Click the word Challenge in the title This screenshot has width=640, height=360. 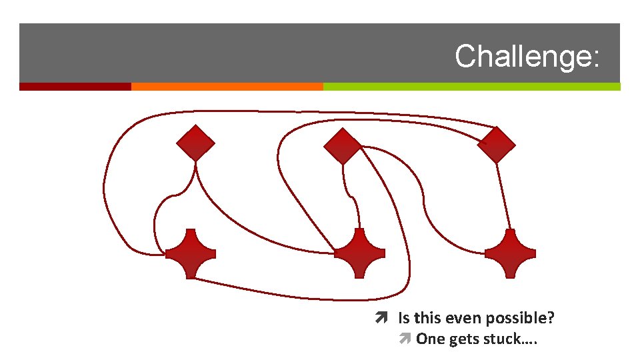522,57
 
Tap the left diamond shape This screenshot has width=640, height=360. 195,143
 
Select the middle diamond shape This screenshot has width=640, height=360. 342,146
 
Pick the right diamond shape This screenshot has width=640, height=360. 497,145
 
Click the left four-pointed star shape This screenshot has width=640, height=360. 191,253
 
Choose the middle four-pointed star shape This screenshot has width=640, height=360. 359,253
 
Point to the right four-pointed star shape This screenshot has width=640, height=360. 510,253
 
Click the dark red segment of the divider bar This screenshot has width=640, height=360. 75,87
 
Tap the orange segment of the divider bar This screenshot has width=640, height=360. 227,87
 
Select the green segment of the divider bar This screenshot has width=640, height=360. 471,87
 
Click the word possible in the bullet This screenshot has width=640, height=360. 521,319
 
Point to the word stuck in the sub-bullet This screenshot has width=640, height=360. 504,339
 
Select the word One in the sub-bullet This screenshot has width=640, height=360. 431,339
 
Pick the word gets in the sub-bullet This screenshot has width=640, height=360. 464,339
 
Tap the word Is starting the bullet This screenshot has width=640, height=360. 404,319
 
